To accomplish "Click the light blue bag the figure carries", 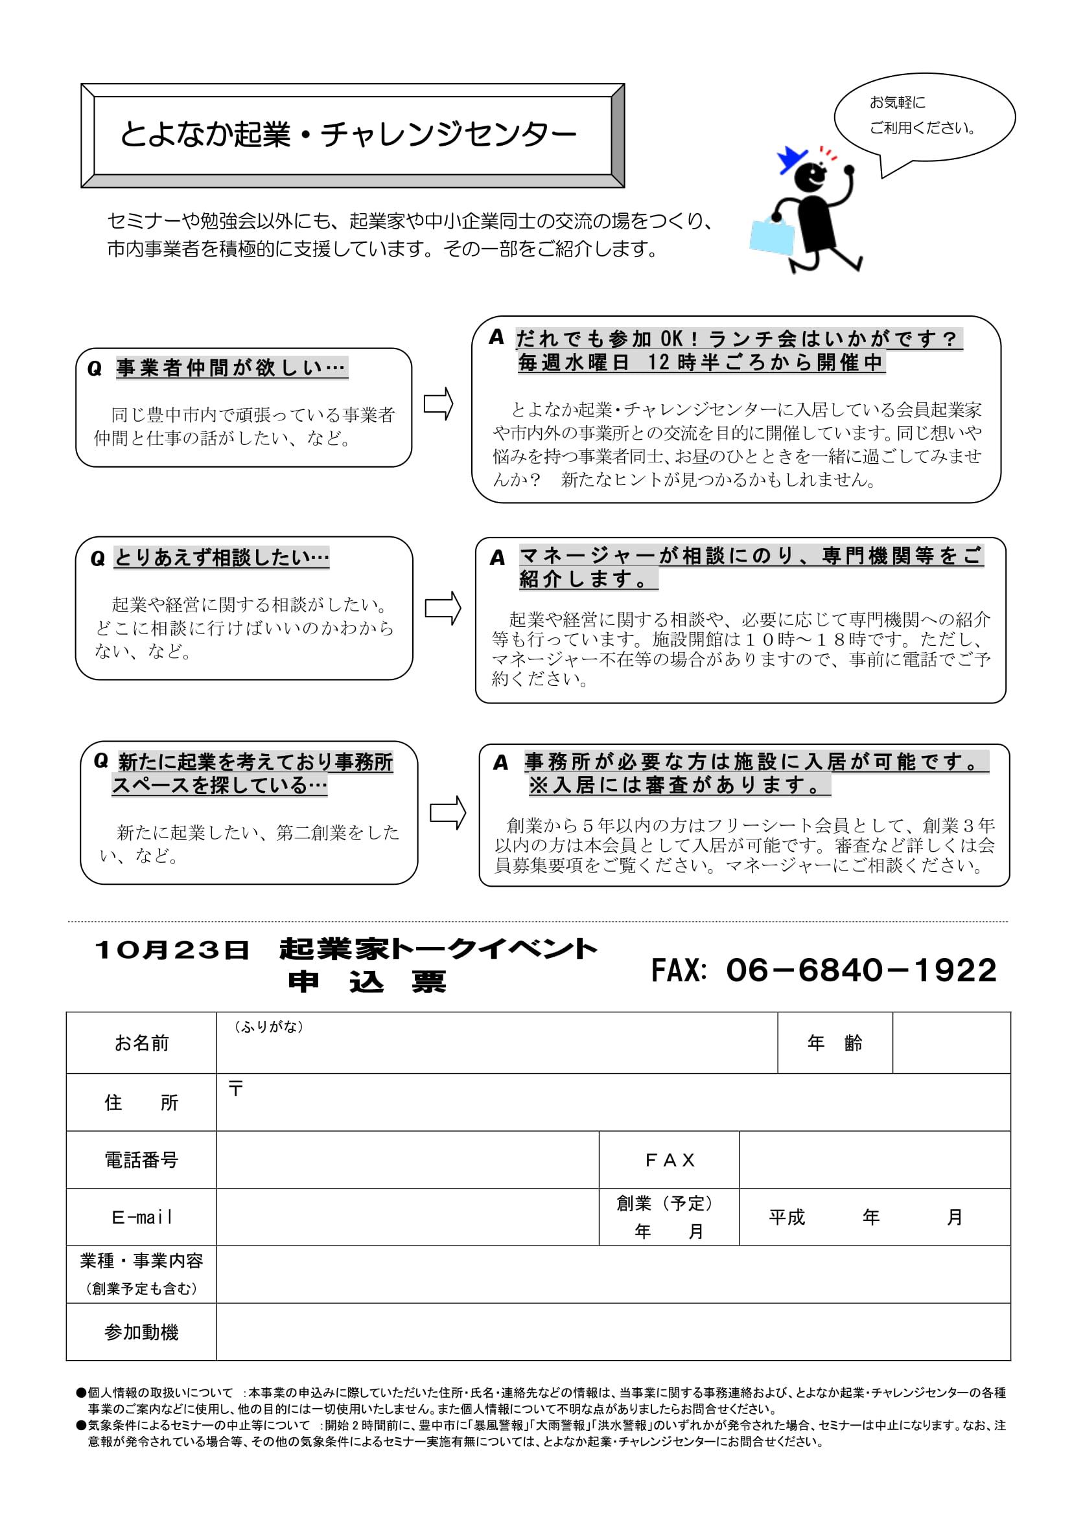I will (x=772, y=237).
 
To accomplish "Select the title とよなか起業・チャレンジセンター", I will (x=348, y=135).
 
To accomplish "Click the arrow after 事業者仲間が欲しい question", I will (x=438, y=403).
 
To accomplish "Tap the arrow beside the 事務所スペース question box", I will (x=448, y=812).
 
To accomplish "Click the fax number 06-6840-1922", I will (x=861, y=970).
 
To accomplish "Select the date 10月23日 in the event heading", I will (x=172, y=950).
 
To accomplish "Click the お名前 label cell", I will (x=141, y=1043).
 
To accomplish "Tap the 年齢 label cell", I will (x=834, y=1043).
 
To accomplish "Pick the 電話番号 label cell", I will (x=141, y=1159).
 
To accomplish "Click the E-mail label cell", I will (x=141, y=1217).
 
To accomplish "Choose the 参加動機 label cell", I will (x=141, y=1332).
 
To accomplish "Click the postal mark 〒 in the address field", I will (x=236, y=1088).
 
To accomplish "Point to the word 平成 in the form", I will (x=787, y=1217).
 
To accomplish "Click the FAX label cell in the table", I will (x=669, y=1159).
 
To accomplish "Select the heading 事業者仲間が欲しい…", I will (x=231, y=367).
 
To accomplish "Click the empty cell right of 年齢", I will (x=951, y=1043).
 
